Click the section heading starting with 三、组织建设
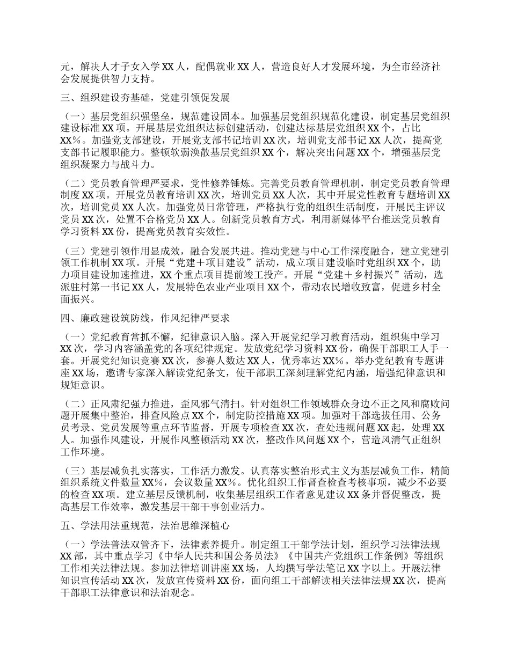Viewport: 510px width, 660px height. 145,98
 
